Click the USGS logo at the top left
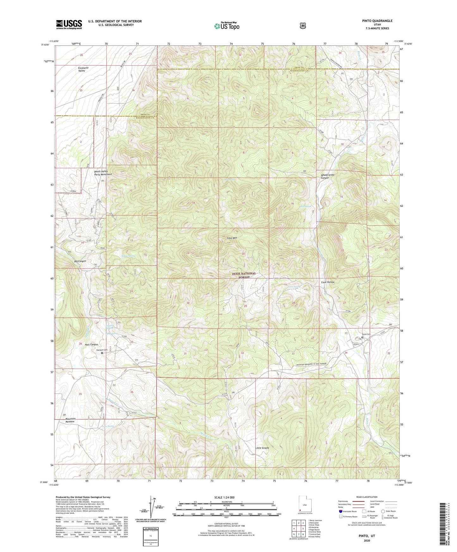(x=69, y=24)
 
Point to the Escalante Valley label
(x=82, y=69)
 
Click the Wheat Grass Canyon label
(x=327, y=176)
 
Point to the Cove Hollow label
(x=328, y=282)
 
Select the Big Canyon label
(x=80, y=261)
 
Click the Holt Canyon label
(x=91, y=344)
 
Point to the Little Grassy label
(x=262, y=448)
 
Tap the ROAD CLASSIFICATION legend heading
(x=367, y=497)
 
